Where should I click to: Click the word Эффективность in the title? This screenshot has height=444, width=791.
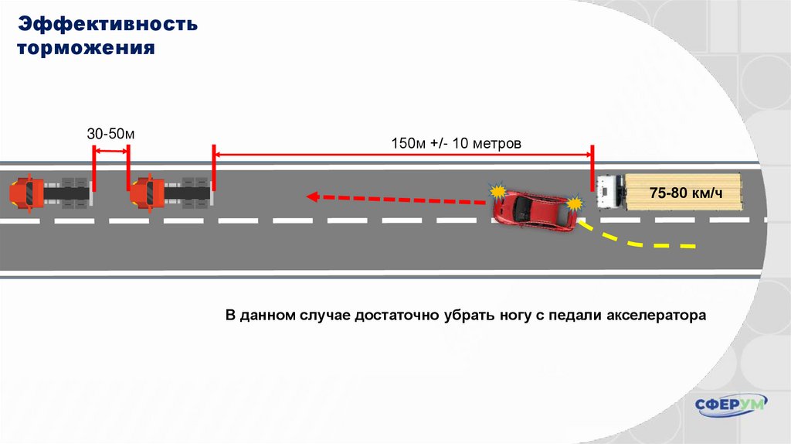109,23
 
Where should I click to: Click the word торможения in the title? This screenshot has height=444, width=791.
87,48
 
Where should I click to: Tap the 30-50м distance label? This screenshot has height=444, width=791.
110,134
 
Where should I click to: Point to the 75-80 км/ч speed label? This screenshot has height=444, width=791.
685,193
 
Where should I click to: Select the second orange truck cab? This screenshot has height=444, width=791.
147,193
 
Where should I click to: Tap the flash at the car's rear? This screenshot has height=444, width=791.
575,203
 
